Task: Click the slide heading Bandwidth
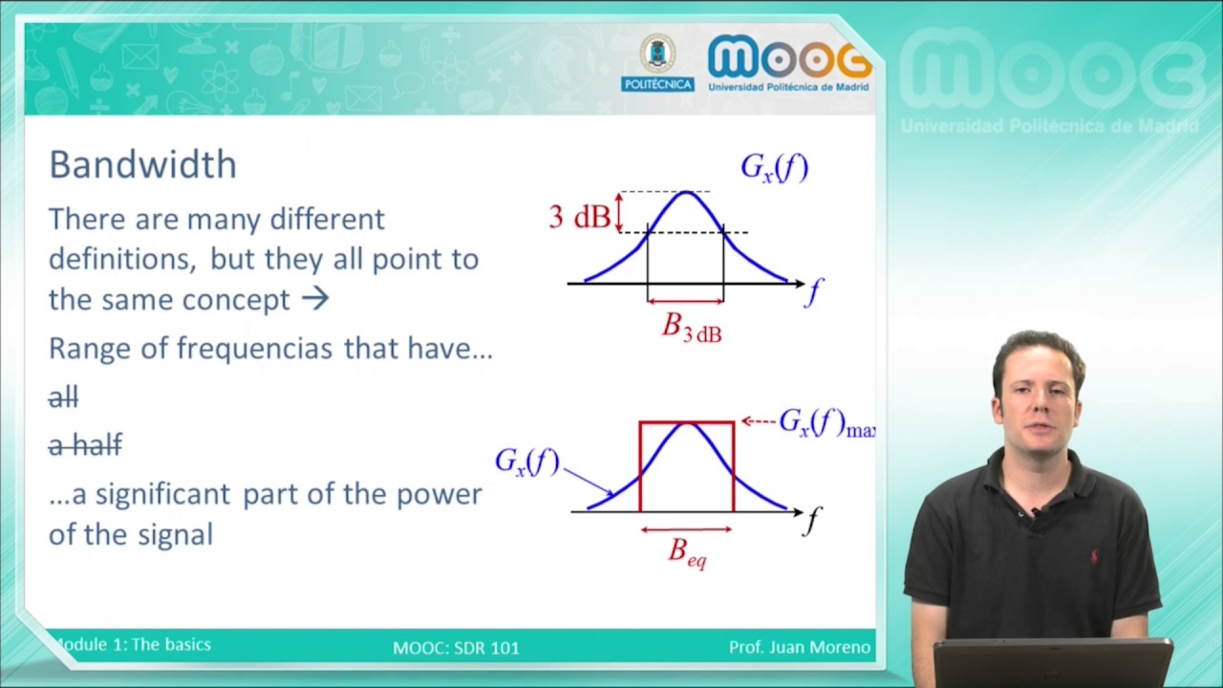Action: [142, 164]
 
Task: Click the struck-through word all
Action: [63, 398]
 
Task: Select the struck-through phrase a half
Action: [85, 445]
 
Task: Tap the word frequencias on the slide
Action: [255, 348]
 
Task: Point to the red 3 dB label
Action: [579, 217]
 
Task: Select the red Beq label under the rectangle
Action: [687, 552]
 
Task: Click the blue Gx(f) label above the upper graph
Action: [774, 168]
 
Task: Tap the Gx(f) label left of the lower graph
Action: [526, 462]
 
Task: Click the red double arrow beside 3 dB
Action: [618, 211]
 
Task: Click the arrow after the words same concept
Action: [314, 299]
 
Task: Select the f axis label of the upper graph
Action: [813, 291]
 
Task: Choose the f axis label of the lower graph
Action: [812, 521]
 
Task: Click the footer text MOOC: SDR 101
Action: [456, 648]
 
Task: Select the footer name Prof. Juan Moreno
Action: [800, 648]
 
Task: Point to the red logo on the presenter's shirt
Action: [1094, 556]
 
